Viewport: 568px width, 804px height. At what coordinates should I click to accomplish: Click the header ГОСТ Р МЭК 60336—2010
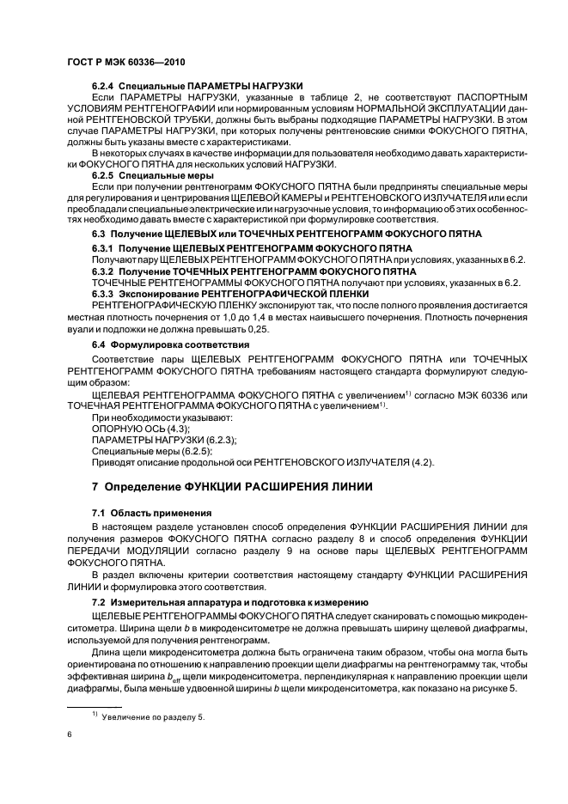[x=125, y=63]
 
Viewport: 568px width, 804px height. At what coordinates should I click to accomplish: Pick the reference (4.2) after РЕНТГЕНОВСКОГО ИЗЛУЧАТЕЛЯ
[x=421, y=463]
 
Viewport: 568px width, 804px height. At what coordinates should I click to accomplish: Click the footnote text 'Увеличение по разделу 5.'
[x=154, y=716]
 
